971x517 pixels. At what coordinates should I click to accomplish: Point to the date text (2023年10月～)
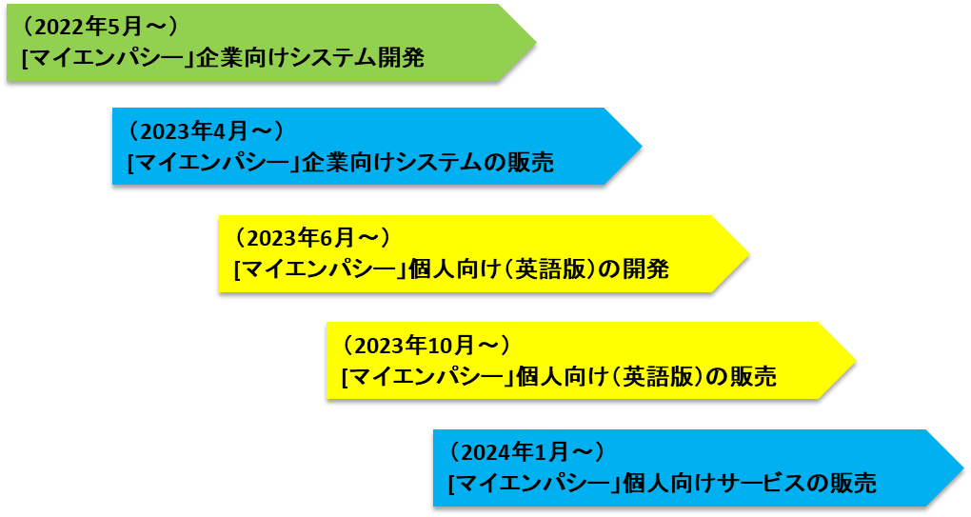coord(426,344)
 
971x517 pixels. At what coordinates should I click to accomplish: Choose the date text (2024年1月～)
coord(526,450)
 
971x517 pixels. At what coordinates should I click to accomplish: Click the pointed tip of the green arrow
coord(536,42)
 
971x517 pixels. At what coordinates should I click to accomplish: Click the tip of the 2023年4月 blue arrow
coord(643,146)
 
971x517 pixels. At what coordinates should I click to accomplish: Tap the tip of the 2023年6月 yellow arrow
coord(749,253)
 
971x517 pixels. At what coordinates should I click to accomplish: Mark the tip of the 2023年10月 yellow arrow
coord(856,360)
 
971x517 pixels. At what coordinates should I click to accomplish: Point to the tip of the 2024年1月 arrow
coord(963,467)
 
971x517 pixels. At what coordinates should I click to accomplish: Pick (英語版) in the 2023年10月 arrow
coord(656,377)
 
